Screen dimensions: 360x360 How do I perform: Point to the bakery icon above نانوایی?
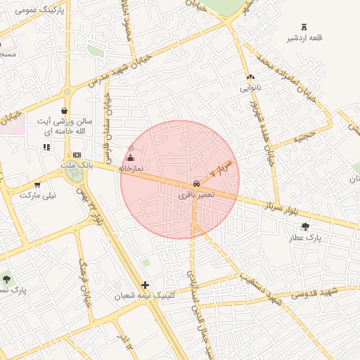[x=250, y=77]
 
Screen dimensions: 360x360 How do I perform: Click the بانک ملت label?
[x=77, y=165]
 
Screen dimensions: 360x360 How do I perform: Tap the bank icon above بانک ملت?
[x=77, y=155]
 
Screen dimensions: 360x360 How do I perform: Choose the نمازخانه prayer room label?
[x=130, y=169]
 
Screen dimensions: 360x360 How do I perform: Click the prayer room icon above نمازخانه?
[x=130, y=158]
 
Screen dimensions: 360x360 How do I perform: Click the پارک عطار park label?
[x=304, y=238]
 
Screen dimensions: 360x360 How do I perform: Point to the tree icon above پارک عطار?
[x=304, y=226]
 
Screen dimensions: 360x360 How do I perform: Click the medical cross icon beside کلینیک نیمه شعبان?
[x=146, y=285]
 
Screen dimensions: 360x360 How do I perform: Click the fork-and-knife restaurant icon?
[x=47, y=147]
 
